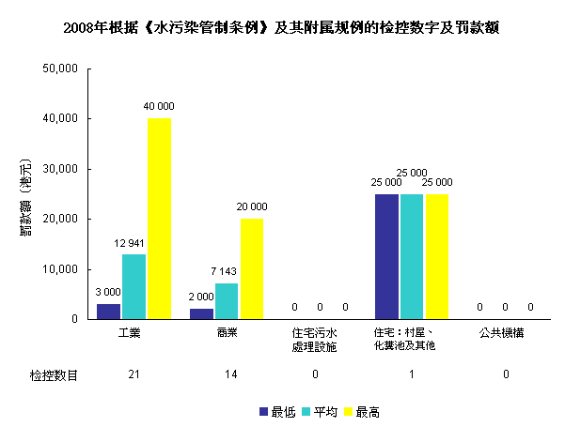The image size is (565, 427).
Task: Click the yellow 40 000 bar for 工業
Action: [x=159, y=218]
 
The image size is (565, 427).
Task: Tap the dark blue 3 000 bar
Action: [x=108, y=311]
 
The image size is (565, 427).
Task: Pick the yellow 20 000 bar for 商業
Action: [x=251, y=268]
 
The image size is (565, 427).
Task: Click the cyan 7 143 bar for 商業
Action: [x=227, y=300]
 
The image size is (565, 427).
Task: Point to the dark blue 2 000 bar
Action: [x=201, y=313]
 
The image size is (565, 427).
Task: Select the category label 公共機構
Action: [x=505, y=333]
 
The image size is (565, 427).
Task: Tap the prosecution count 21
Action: [x=133, y=374]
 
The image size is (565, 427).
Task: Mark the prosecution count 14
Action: [x=227, y=374]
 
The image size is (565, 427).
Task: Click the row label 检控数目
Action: [x=53, y=374]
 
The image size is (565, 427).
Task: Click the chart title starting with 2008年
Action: [x=282, y=28]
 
